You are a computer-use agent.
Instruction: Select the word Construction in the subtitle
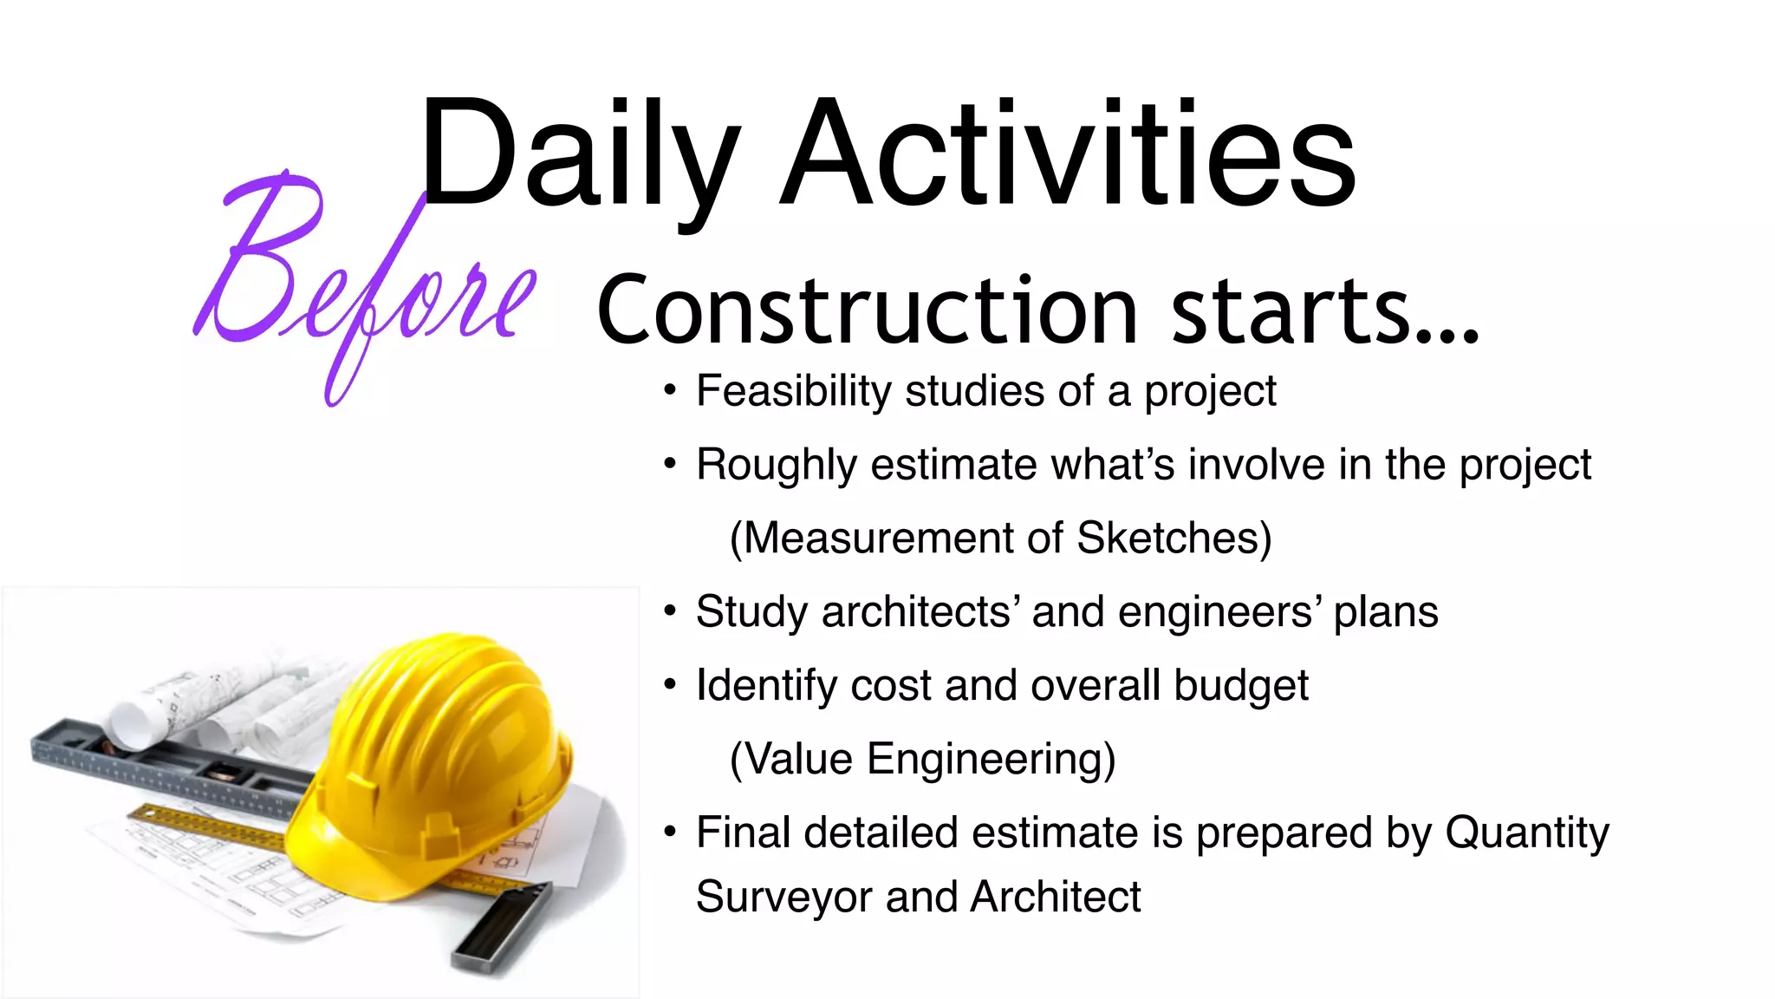pyautogui.click(x=867, y=310)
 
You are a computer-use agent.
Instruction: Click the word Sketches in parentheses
pyautogui.click(x=1174, y=539)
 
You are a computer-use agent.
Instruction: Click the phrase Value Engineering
pyautogui.click(x=923, y=760)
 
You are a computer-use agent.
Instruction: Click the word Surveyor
pyautogui.click(x=783, y=898)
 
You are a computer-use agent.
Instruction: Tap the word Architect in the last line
pyautogui.click(x=1056, y=898)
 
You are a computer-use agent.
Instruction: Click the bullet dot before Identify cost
pyautogui.click(x=669, y=685)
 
